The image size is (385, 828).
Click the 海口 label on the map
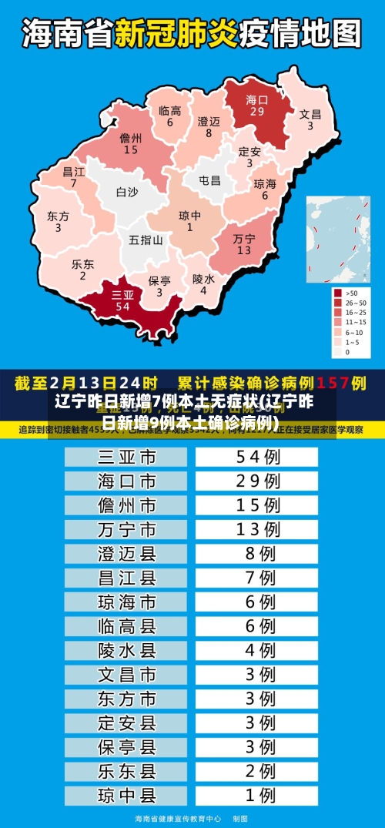pyautogui.click(x=256, y=99)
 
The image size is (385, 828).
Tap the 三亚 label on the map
pyautogui.click(x=122, y=295)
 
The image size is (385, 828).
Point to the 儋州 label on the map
pyautogui.click(x=131, y=139)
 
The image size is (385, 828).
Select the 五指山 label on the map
pyautogui.click(x=146, y=240)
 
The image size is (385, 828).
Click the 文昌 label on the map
pyautogui.click(x=310, y=114)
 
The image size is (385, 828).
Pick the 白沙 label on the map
pyautogui.click(x=127, y=192)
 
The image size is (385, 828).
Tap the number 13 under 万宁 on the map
pyautogui.click(x=244, y=250)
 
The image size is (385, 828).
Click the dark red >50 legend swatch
pyautogui.click(x=337, y=293)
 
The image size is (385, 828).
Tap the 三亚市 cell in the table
pyautogui.click(x=127, y=458)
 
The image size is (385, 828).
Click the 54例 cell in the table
pyautogui.click(x=257, y=458)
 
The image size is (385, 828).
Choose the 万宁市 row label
pyautogui.click(x=127, y=530)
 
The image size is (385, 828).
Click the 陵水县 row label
pyautogui.click(x=127, y=651)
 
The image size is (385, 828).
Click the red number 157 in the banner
pyautogui.click(x=333, y=382)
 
